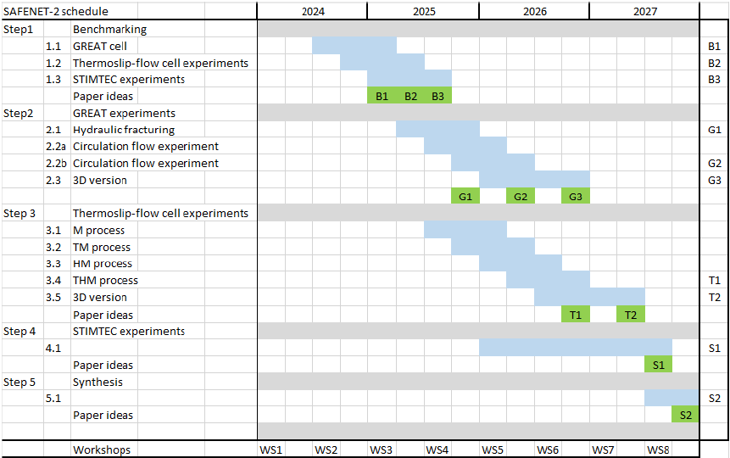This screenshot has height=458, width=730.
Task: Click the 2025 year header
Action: click(424, 12)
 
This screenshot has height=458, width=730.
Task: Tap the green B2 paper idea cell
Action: click(410, 96)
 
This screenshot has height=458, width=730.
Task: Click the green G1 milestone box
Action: click(465, 197)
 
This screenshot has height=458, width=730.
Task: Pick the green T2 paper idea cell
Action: click(631, 315)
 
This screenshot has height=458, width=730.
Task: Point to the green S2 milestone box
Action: click(685, 416)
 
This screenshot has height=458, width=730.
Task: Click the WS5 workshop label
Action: click(493, 450)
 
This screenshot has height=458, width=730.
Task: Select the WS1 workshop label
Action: click(271, 450)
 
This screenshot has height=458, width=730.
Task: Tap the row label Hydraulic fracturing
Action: click(124, 130)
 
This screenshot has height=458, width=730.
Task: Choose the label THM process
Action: click(105, 281)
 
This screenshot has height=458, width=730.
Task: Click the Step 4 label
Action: click(20, 332)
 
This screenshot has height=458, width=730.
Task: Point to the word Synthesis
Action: click(98, 382)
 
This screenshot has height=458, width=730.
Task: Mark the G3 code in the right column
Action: click(714, 180)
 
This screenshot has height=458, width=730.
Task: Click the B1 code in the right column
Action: click(714, 46)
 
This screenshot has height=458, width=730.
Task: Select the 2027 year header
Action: click(644, 12)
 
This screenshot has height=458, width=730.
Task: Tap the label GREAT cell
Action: click(100, 46)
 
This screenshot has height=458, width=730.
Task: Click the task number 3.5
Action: click(53, 298)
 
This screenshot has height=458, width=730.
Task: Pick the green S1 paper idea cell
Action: click(658, 365)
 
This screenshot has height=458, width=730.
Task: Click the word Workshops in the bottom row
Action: click(102, 450)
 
